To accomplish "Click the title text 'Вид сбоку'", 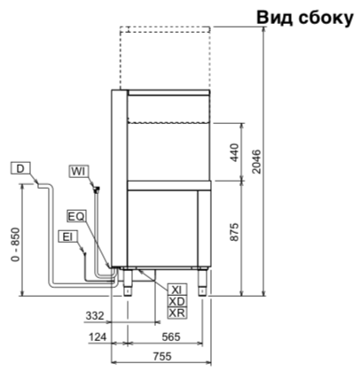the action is [x=305, y=18].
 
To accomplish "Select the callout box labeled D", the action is [x=20, y=168].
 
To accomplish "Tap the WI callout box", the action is [x=79, y=171].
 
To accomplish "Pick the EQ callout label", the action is [x=76, y=216].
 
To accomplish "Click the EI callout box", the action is [x=67, y=236].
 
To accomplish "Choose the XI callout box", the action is [x=177, y=290].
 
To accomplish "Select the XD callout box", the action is [x=177, y=301].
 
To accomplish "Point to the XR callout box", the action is [x=177, y=313].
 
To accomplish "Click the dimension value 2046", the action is [x=257, y=161].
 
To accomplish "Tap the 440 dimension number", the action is [x=234, y=152].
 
